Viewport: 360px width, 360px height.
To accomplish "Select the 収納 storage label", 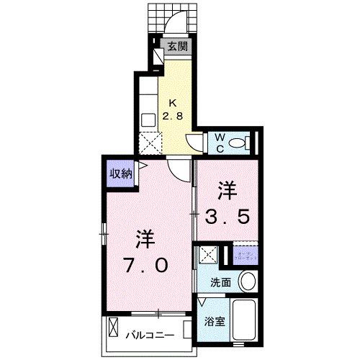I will [120, 174].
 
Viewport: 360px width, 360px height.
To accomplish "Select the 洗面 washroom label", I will [221, 283].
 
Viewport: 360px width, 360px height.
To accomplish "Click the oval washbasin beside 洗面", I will [248, 281].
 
